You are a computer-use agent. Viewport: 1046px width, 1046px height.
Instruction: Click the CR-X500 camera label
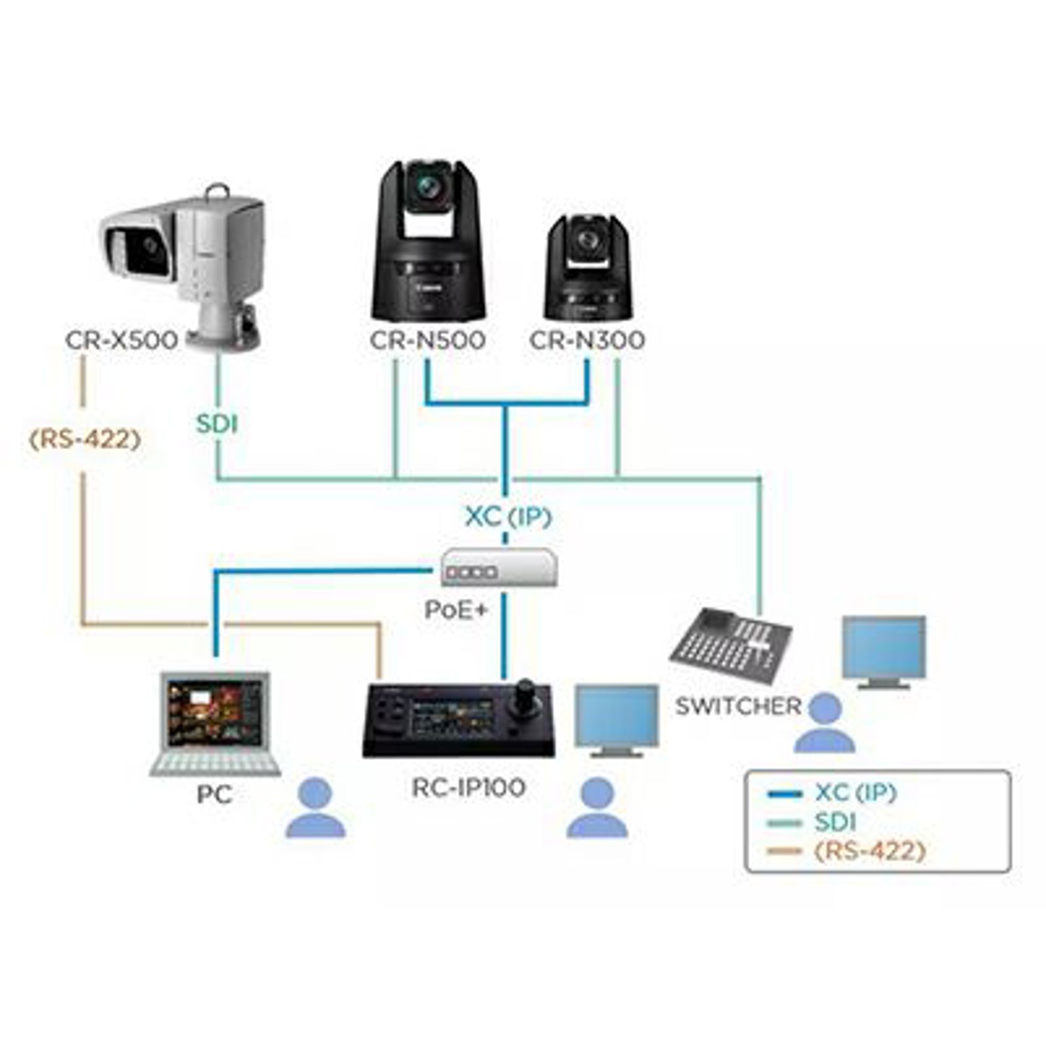(x=122, y=340)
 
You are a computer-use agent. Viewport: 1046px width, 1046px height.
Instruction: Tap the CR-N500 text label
(x=428, y=340)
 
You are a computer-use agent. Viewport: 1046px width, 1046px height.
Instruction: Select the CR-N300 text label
(x=586, y=340)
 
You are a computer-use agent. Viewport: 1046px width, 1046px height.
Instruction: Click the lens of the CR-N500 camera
(x=428, y=188)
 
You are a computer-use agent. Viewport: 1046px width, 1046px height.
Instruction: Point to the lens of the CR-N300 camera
(x=586, y=241)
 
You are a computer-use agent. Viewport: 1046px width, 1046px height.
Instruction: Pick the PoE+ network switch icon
(x=499, y=568)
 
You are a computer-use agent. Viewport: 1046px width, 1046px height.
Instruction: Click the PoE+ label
(x=456, y=609)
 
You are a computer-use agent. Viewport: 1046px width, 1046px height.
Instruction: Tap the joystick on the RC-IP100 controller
(x=524, y=694)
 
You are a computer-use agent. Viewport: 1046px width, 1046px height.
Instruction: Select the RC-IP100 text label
(x=468, y=787)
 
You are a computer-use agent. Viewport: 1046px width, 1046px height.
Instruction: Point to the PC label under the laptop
(x=214, y=794)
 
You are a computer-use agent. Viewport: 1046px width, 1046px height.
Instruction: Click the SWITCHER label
(x=738, y=706)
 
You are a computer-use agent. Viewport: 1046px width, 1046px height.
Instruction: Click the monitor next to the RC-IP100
(x=616, y=717)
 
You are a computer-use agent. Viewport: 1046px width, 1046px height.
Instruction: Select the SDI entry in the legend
(x=835, y=822)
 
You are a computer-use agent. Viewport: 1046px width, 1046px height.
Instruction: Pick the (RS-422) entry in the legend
(x=869, y=851)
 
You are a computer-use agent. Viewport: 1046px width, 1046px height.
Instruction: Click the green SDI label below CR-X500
(x=217, y=424)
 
